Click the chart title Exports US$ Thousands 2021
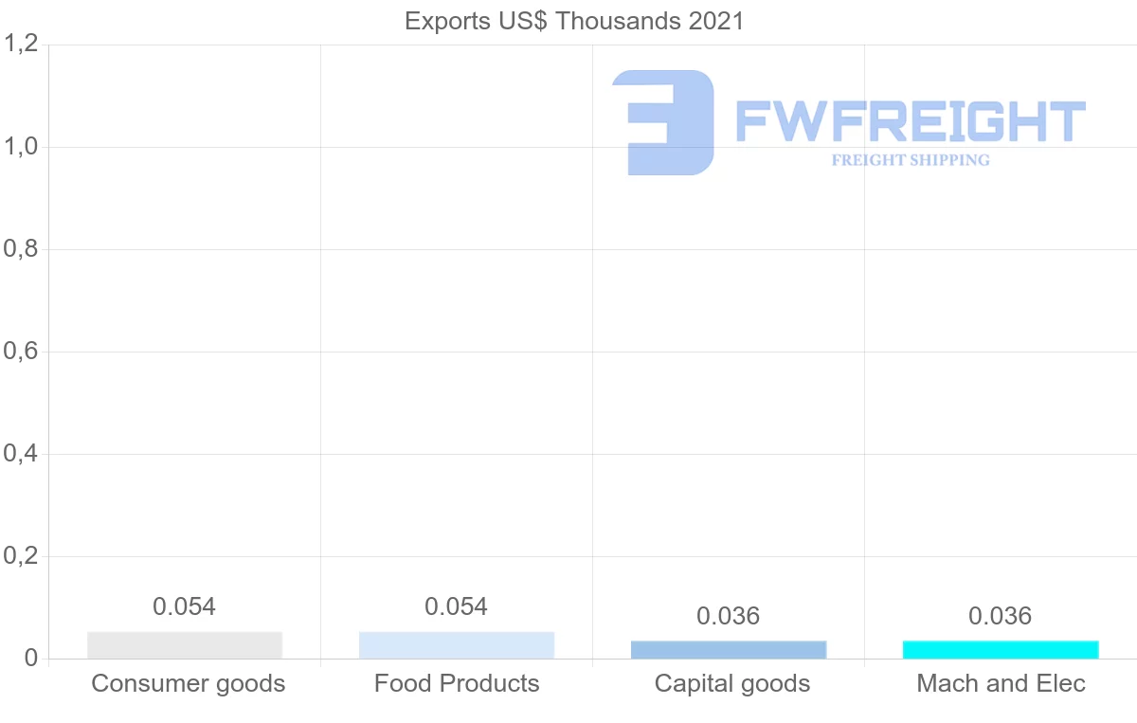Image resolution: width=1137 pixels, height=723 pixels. coord(574,21)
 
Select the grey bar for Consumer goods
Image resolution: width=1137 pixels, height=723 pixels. coord(185,645)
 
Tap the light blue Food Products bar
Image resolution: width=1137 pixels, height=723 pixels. coord(457,645)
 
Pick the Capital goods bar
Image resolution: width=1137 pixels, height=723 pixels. coord(729,650)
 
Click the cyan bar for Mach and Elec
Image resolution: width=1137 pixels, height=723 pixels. coord(1001,650)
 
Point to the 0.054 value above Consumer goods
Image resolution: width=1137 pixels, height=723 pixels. coord(185,606)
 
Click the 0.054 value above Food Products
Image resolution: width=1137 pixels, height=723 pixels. coord(457,606)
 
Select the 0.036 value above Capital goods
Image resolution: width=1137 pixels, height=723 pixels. coord(729,617)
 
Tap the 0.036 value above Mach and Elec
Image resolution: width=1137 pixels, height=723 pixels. coord(1001,617)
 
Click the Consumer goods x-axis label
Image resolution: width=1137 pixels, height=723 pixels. coord(188,683)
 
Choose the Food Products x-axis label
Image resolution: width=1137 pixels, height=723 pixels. coord(457,683)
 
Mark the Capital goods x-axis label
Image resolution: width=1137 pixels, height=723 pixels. coord(732,683)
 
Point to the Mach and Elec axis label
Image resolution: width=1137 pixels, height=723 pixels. coord(1001,683)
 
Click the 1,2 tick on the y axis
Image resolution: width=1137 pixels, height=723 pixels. coord(20,45)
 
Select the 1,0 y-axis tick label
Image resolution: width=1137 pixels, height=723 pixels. coord(20,147)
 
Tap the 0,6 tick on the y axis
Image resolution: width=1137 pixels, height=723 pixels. coord(20,352)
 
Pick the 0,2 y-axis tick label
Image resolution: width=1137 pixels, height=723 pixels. coord(20,556)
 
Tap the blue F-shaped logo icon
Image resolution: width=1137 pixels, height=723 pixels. coord(663,121)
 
